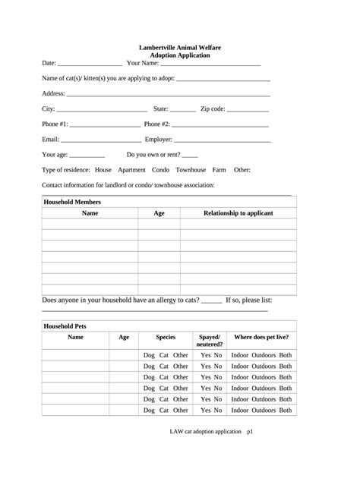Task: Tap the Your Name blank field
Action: coord(210,64)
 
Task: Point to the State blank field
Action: coord(182,110)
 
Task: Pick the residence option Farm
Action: coord(219,169)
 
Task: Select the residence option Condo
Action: coord(160,169)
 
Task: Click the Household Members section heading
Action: coord(72,203)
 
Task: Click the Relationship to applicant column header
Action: coord(238,213)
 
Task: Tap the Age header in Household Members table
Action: coord(159,213)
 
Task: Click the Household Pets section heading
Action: coord(65,325)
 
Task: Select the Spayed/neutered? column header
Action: coord(210,340)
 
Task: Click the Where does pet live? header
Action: coord(261,336)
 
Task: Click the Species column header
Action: coord(166,336)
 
